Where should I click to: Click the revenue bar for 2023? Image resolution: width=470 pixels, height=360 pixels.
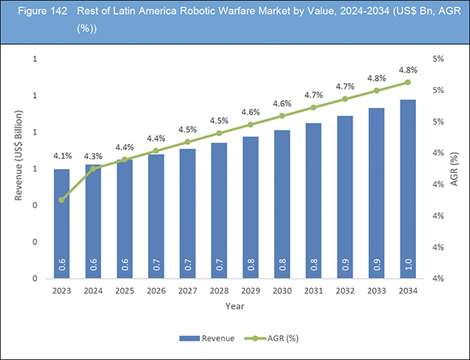click(x=61, y=223)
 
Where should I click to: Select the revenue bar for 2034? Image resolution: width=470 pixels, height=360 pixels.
click(x=407, y=188)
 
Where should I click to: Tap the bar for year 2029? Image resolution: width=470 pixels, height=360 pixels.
click(x=250, y=207)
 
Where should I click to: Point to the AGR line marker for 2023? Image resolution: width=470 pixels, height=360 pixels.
click(x=61, y=200)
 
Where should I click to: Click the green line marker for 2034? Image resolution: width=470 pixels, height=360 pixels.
click(x=407, y=82)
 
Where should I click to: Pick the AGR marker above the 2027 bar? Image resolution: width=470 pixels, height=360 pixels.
click(x=187, y=142)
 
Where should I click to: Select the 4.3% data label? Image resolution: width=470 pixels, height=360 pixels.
click(x=92, y=155)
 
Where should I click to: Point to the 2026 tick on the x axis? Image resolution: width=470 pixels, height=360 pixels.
click(x=156, y=290)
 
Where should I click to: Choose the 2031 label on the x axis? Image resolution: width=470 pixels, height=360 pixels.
click(x=313, y=290)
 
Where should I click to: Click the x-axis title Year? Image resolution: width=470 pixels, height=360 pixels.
click(x=234, y=306)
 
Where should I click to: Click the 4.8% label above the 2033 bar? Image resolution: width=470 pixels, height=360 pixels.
click(x=376, y=78)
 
